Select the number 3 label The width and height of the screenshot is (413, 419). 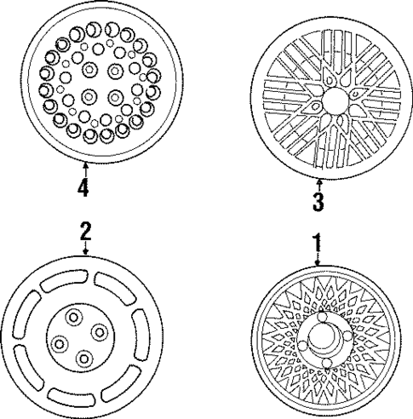coord(318,203)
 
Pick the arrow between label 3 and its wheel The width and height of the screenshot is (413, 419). coord(318,183)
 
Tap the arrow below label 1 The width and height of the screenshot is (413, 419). coord(317,261)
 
